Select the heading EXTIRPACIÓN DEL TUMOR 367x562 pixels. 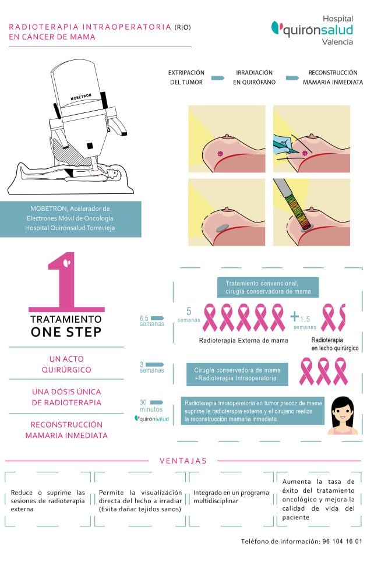pyautogui.click(x=186, y=77)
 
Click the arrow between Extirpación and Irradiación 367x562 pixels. pyautogui.click(x=217, y=78)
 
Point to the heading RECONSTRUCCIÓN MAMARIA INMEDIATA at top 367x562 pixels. pyautogui.click(x=333, y=77)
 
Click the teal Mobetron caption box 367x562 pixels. pyautogui.click(x=70, y=218)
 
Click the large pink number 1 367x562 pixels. pyautogui.click(x=69, y=282)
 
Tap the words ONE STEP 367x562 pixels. pyautogui.click(x=66, y=332)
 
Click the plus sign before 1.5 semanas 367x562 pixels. pyautogui.click(x=295, y=317)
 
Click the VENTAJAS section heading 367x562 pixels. pyautogui.click(x=183, y=461)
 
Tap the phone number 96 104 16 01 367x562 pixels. pyautogui.click(x=342, y=542)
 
